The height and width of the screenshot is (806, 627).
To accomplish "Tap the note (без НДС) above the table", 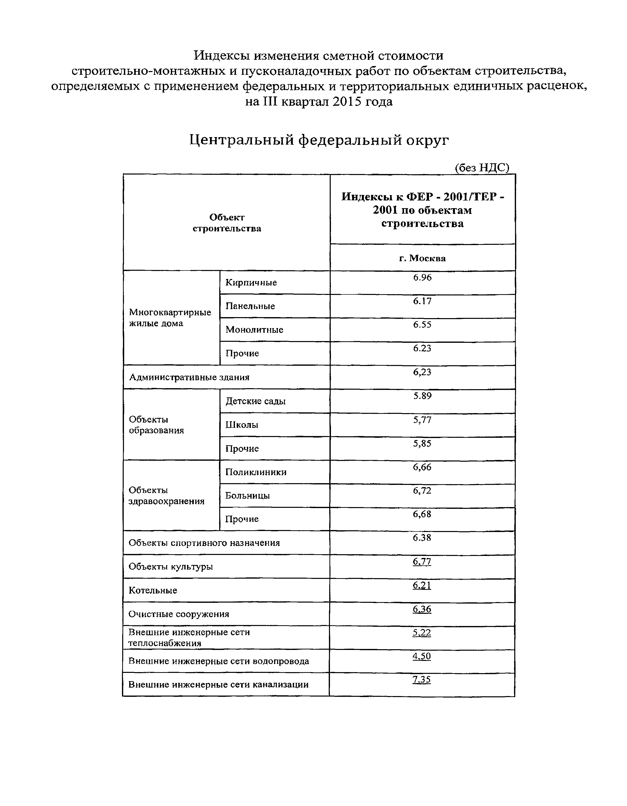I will pyautogui.click(x=482, y=168).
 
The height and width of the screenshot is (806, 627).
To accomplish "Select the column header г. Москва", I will pyautogui.click(x=422, y=258).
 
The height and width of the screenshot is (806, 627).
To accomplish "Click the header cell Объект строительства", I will pyautogui.click(x=227, y=223).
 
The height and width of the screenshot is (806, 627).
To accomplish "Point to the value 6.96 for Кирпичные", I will pyautogui.click(x=422, y=277).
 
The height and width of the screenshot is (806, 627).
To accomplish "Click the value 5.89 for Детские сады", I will pyautogui.click(x=422, y=396).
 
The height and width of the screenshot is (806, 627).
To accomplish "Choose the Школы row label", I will pyautogui.click(x=241, y=425).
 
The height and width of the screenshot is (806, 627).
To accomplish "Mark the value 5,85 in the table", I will pyautogui.click(x=422, y=443).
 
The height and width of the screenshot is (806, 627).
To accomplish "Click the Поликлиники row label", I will pyautogui.click(x=256, y=472).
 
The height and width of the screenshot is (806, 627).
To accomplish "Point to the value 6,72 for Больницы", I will pyautogui.click(x=422, y=490).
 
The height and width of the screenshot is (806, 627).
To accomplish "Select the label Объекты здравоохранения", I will pyautogui.click(x=166, y=496).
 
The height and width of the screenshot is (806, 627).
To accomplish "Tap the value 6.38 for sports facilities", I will pyautogui.click(x=422, y=538).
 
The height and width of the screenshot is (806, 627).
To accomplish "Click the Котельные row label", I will pyautogui.click(x=152, y=590).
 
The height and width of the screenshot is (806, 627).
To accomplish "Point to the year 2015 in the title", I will pyautogui.click(x=347, y=101).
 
